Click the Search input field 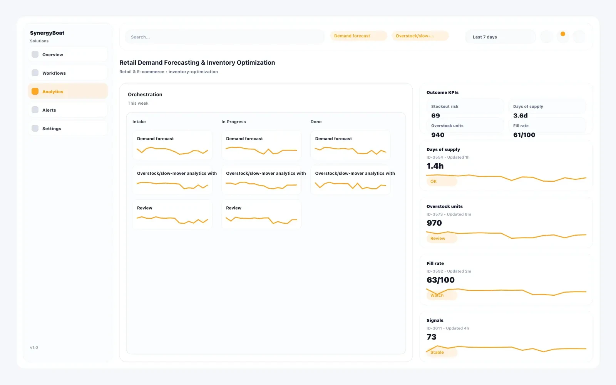[x=224, y=37]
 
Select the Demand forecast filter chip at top [x=358, y=36]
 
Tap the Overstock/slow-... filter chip [x=420, y=36]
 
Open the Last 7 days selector [x=500, y=37]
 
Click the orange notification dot [x=563, y=34]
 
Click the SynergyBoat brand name [x=47, y=33]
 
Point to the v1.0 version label [x=34, y=347]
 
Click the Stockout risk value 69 [x=435, y=115]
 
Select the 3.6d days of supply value [x=520, y=115]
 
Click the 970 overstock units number [x=434, y=223]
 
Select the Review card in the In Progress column [x=261, y=214]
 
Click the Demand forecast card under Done [x=350, y=145]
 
